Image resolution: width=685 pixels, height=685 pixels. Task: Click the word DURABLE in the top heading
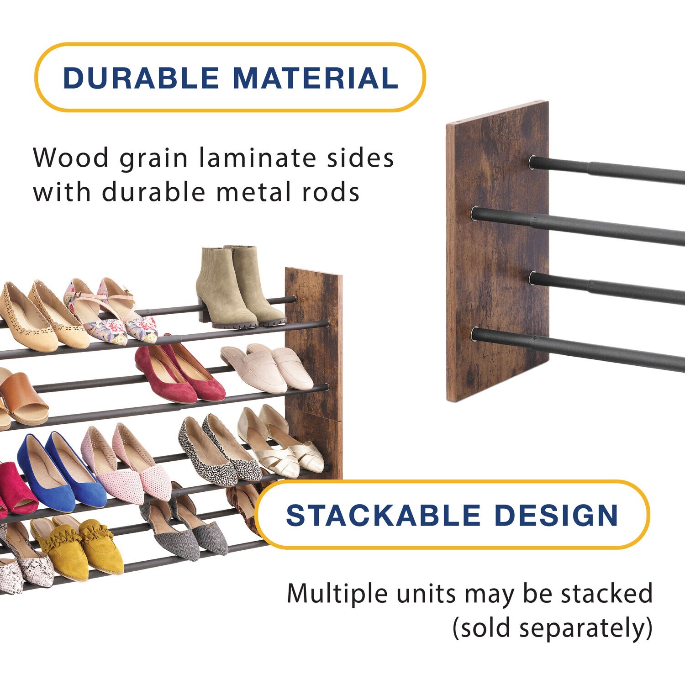pos(141,78)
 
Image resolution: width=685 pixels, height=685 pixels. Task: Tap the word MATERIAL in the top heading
pos(316,78)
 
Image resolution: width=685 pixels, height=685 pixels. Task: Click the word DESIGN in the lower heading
pos(556,515)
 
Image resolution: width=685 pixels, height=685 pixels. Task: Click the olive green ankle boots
pos(237,288)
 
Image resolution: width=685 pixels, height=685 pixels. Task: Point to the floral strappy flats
pos(114,315)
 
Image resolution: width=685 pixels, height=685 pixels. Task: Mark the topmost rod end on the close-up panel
pos(533,162)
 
